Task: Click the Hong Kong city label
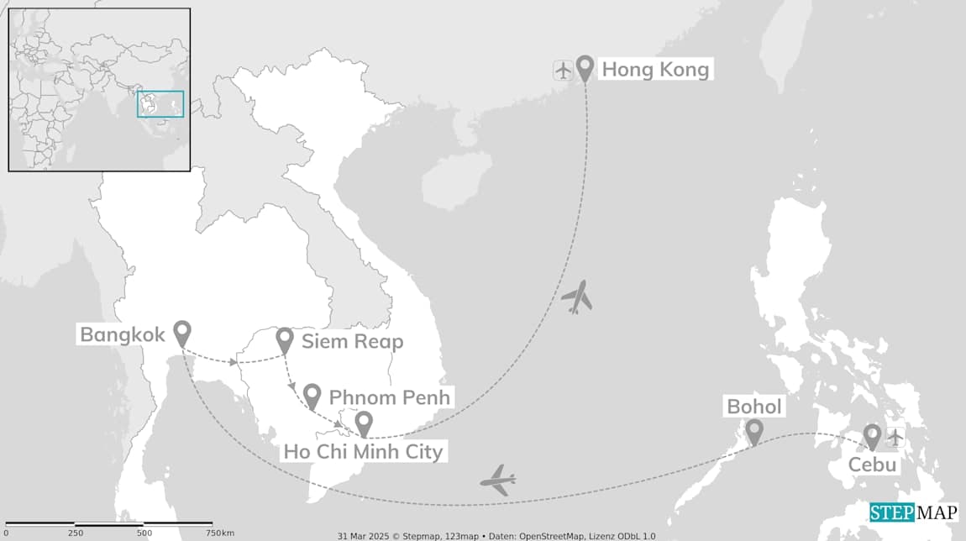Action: tap(655, 69)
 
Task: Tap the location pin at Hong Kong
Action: tap(584, 67)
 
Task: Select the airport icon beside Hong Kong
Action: tap(563, 69)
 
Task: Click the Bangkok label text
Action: tap(123, 334)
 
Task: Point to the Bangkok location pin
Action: tap(181, 333)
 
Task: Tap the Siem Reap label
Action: tap(353, 341)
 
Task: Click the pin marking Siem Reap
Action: tap(285, 339)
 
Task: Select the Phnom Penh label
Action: tap(390, 397)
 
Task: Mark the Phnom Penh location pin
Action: tap(312, 395)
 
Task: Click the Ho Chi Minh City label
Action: tap(363, 451)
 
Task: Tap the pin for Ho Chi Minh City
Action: tap(364, 423)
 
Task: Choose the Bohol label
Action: tap(753, 407)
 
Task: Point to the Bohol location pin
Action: tap(754, 431)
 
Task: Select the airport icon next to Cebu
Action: tap(895, 437)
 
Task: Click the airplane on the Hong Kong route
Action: tap(577, 297)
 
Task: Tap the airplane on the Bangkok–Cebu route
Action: tap(498, 480)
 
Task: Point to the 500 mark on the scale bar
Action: tap(144, 533)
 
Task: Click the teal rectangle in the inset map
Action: tap(160, 103)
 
